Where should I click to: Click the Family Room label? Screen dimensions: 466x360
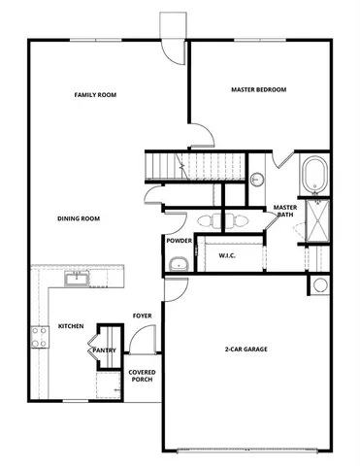pyautogui.click(x=95, y=95)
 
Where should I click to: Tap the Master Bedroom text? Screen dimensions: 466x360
pyautogui.click(x=258, y=89)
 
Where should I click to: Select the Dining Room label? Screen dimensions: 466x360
pyautogui.click(x=80, y=218)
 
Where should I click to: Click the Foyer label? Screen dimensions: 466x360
pyautogui.click(x=142, y=316)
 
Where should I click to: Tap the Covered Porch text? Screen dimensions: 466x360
pyautogui.click(x=142, y=376)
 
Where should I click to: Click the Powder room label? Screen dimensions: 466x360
pyautogui.click(x=179, y=240)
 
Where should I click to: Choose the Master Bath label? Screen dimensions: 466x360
pyautogui.click(x=284, y=212)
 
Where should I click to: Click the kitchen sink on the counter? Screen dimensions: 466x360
pyautogui.click(x=77, y=280)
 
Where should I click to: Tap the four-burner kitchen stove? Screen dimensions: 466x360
pyautogui.click(x=41, y=337)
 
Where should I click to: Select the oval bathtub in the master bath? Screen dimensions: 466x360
pyautogui.click(x=315, y=176)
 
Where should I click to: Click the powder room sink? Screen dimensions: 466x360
pyautogui.click(x=178, y=263)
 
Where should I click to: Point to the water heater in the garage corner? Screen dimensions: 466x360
pyautogui.click(x=318, y=284)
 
